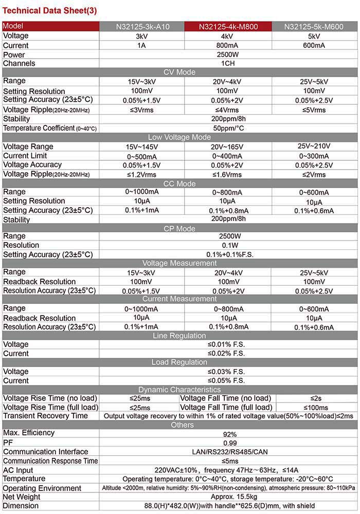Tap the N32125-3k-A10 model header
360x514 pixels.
pyautogui.click(x=141, y=27)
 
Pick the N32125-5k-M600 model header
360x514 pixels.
pyautogui.click(x=314, y=27)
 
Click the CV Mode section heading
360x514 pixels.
pyautogui.click(x=179, y=72)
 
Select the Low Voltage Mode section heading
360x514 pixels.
pyautogui.click(x=179, y=137)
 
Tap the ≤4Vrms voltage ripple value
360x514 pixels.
pyautogui.click(x=227, y=110)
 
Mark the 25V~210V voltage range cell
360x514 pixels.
pyautogui.click(x=314, y=146)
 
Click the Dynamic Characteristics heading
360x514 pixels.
pyautogui.click(x=179, y=390)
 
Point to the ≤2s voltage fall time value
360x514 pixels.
pyautogui.click(x=316, y=398)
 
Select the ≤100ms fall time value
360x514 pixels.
pyautogui.click(x=316, y=408)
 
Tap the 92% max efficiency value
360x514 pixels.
pyautogui.click(x=229, y=434)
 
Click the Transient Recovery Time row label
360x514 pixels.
pyautogui.click(x=45, y=416)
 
